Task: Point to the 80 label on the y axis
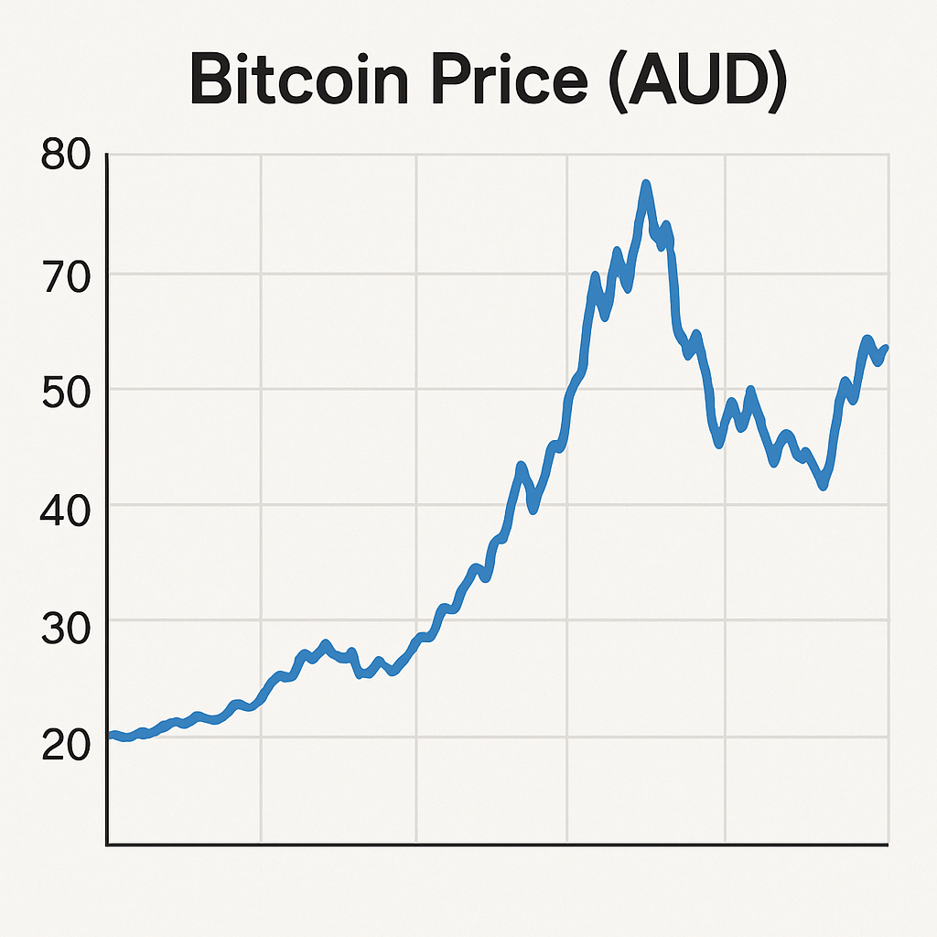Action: [x=67, y=156]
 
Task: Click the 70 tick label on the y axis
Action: [x=67, y=274]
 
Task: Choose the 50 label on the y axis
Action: [x=67, y=390]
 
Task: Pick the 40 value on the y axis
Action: [x=67, y=505]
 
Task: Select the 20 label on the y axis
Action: [x=67, y=744]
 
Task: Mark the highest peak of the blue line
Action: [x=646, y=185]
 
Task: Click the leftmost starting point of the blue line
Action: [x=111, y=735]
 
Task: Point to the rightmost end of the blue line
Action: [x=886, y=348]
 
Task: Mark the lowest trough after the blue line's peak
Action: [x=824, y=486]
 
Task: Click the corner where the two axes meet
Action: [x=108, y=844]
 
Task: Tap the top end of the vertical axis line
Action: [x=108, y=155]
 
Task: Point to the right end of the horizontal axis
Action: [x=888, y=844]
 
